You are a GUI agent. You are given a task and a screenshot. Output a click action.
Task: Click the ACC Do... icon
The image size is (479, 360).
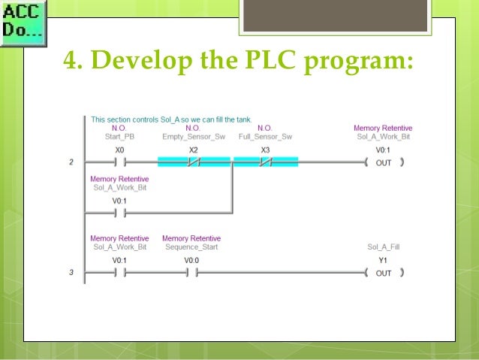pyautogui.click(x=23, y=23)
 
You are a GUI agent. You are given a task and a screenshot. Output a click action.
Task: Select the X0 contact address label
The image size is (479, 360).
pyautogui.click(x=119, y=150)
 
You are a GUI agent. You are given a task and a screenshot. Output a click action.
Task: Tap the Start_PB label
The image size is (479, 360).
pyautogui.click(x=119, y=136)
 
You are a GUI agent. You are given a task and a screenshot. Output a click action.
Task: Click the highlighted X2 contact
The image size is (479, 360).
pyautogui.click(x=193, y=162)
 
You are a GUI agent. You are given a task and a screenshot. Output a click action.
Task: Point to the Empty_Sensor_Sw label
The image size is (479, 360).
pyautogui.click(x=193, y=136)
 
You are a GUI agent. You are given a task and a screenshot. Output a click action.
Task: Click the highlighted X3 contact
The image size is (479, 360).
pyautogui.click(x=265, y=162)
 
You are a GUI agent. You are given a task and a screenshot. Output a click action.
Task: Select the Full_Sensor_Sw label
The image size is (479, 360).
pyautogui.click(x=265, y=136)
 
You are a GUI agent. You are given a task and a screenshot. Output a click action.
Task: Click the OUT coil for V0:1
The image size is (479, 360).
pyautogui.click(x=383, y=162)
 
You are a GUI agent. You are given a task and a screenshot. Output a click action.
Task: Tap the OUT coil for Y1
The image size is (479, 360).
pyautogui.click(x=383, y=273)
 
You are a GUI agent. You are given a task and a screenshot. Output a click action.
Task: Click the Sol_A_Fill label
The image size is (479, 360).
pyautogui.click(x=383, y=247)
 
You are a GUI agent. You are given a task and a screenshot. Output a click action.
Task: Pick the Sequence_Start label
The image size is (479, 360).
pyautogui.click(x=191, y=247)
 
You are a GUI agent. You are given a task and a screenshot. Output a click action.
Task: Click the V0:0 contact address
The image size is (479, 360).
pyautogui.click(x=192, y=260)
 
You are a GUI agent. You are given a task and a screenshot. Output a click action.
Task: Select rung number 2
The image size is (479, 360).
pyautogui.click(x=71, y=162)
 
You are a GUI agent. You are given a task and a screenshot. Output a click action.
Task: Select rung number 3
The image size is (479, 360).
pyautogui.click(x=71, y=273)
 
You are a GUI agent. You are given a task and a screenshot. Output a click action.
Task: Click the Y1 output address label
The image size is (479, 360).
pyautogui.click(x=383, y=260)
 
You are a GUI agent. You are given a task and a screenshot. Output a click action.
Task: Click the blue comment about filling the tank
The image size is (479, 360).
pyautogui.click(x=171, y=119)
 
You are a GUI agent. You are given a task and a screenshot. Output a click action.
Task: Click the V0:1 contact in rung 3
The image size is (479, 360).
pyautogui.click(x=119, y=273)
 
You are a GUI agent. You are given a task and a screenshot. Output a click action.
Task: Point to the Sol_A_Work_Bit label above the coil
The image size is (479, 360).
pyautogui.click(x=383, y=136)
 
